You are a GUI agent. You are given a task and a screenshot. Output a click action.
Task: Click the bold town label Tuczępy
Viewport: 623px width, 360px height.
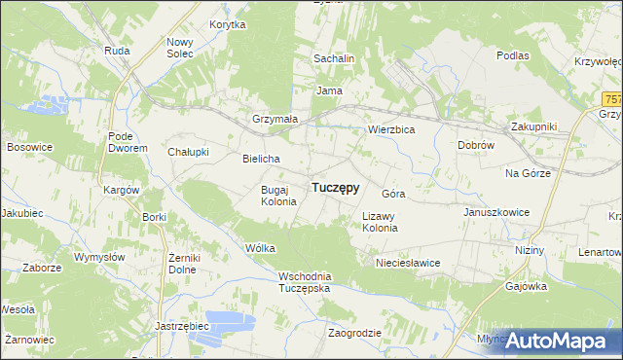pos(335,188)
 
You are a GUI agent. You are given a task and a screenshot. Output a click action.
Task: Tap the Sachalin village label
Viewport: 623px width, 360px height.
pos(333,58)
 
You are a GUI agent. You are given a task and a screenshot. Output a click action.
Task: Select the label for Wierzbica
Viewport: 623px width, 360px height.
pos(391,128)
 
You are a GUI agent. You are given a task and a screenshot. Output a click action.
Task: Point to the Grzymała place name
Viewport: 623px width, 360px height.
pos(275,119)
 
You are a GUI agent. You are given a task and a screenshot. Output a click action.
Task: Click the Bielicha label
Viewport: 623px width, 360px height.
pos(261,159)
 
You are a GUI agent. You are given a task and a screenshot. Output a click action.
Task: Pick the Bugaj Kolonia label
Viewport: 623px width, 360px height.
pos(272,195)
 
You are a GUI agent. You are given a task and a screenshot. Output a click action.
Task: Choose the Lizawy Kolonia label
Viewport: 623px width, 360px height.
pos(380,222)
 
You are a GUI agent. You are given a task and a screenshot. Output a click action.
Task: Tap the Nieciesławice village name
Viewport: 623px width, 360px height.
pos(408,263)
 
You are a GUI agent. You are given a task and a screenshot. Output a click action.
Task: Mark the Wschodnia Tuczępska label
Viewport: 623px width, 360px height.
pos(305,282)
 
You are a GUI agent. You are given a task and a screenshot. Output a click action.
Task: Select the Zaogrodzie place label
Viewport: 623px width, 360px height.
pos(354,333)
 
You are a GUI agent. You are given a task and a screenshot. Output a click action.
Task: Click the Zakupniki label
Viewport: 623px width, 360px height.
pos(533,126)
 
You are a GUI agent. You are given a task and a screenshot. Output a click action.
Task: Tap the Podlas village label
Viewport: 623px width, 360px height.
pos(512,55)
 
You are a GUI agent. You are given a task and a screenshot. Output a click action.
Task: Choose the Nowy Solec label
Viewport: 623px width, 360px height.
pos(180,47)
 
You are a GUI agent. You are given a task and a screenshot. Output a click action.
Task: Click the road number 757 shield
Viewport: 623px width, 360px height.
pos(612,99)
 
